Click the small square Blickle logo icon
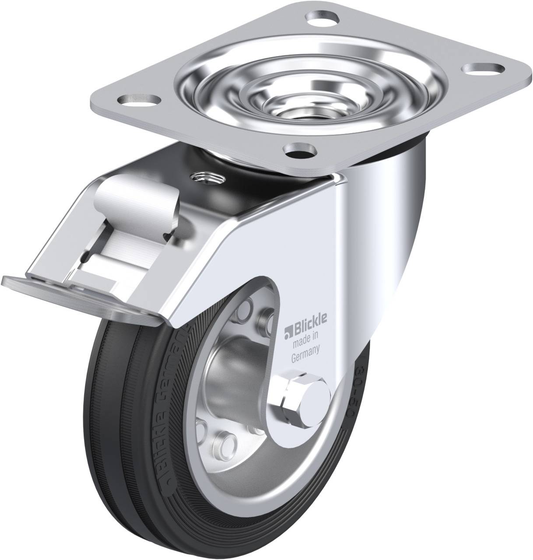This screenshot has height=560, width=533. tap(287, 328)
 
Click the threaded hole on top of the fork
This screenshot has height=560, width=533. tap(206, 178)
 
